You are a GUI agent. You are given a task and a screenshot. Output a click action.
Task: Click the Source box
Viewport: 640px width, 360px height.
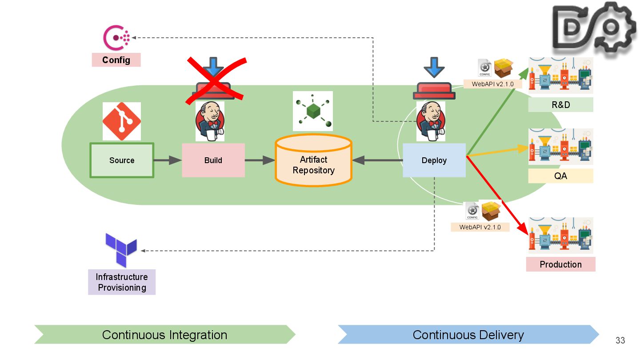click(122, 160)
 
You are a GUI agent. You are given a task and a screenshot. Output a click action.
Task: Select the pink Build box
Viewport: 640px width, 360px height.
click(213, 160)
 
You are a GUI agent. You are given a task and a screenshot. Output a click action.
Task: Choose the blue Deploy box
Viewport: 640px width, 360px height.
click(434, 160)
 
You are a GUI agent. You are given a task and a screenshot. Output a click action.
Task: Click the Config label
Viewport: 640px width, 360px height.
click(116, 60)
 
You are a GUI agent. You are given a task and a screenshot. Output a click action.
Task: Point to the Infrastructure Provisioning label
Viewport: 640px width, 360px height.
click(122, 282)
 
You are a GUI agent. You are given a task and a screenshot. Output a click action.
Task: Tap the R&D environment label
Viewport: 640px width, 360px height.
click(560, 105)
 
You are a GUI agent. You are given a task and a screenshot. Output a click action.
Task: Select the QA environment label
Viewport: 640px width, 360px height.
click(560, 176)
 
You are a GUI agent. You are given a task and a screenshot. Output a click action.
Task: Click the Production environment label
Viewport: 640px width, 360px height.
click(560, 264)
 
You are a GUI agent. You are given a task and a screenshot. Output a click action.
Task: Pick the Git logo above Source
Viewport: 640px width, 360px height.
click(122, 121)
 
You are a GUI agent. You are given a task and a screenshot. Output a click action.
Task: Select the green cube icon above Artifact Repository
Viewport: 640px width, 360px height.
click(313, 111)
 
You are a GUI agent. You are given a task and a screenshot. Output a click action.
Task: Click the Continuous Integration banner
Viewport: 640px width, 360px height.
click(164, 335)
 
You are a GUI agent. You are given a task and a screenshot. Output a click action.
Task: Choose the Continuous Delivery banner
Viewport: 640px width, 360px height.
click(468, 335)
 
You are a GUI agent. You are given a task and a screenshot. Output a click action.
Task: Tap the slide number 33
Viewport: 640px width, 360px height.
click(620, 340)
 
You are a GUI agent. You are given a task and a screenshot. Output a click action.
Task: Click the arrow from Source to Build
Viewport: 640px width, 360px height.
click(168, 160)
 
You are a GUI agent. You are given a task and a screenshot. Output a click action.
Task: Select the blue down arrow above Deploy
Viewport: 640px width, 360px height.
click(434, 68)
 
